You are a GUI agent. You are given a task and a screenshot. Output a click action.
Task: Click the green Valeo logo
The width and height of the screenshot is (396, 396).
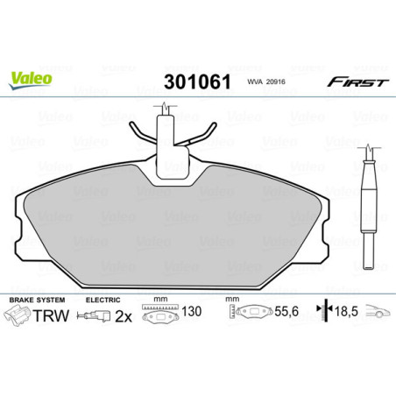31,77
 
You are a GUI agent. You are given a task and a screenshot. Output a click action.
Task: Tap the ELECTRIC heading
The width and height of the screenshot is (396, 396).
103,300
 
